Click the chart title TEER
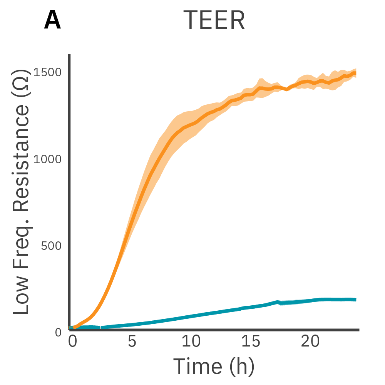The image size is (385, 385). click(x=214, y=20)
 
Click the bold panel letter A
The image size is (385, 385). click(x=52, y=21)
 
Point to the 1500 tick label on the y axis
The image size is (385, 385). click(x=48, y=72)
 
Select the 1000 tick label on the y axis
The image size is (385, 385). click(x=48, y=159)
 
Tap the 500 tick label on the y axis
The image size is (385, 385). click(x=51, y=245)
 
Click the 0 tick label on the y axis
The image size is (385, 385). click(x=58, y=332)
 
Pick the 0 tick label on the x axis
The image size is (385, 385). click(x=72, y=341)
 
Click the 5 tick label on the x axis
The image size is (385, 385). click(x=132, y=341)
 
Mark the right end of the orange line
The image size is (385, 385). click(x=355, y=73)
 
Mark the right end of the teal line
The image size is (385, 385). click(x=355, y=300)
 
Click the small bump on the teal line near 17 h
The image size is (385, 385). click(x=277, y=301)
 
